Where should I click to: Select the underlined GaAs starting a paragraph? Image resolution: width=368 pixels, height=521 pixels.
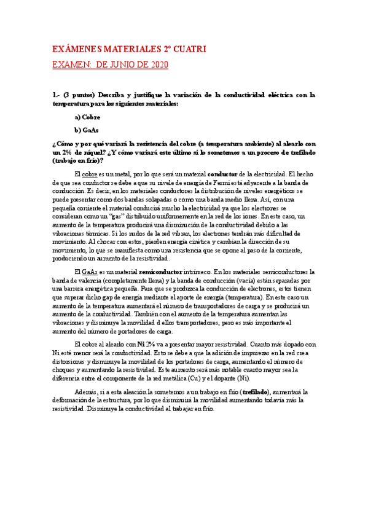click(x=89, y=272)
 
